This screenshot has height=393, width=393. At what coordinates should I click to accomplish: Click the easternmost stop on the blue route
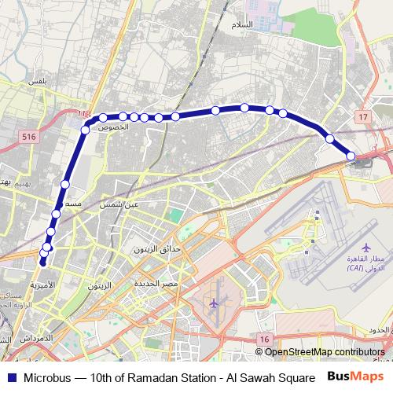[x=351, y=156]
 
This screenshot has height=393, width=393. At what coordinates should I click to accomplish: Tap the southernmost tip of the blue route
[x=42, y=264]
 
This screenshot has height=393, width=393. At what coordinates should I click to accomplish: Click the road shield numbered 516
[x=29, y=136]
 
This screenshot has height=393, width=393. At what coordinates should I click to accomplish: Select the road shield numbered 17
[x=362, y=117]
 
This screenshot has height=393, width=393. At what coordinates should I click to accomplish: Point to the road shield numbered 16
[x=264, y=338]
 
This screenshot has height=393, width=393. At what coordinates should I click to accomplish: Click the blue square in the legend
[x=11, y=376]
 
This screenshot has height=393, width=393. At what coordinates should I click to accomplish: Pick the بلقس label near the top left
[x=38, y=79]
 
